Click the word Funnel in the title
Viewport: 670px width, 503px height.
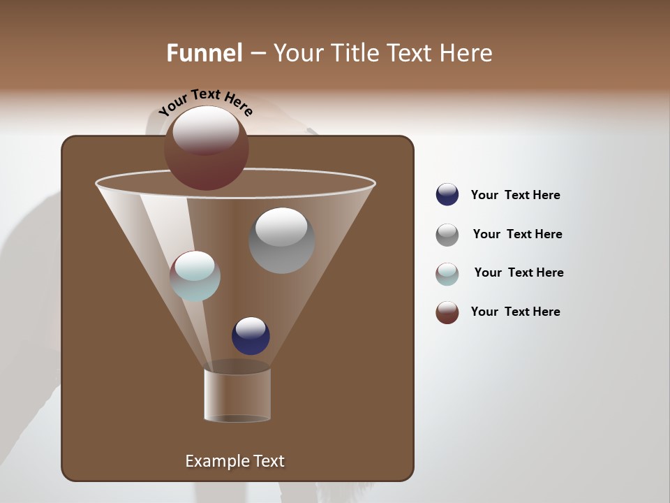204,53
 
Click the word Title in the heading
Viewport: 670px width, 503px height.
354,53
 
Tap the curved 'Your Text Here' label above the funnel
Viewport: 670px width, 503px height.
205,101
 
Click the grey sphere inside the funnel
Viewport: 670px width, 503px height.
282,241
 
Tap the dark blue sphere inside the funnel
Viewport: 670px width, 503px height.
251,336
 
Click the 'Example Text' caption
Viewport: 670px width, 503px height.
234,461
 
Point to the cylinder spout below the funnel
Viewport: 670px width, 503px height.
237,395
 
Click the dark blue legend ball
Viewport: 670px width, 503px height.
447,195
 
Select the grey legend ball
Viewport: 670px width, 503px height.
447,235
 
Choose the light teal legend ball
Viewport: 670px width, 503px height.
447,274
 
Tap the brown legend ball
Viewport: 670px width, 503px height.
447,312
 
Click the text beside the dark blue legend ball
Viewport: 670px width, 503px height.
515,195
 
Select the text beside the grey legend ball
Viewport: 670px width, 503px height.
517,234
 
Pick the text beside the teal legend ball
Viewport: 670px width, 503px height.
519,272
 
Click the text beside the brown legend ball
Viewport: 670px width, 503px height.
515,312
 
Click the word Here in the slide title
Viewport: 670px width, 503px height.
467,53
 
